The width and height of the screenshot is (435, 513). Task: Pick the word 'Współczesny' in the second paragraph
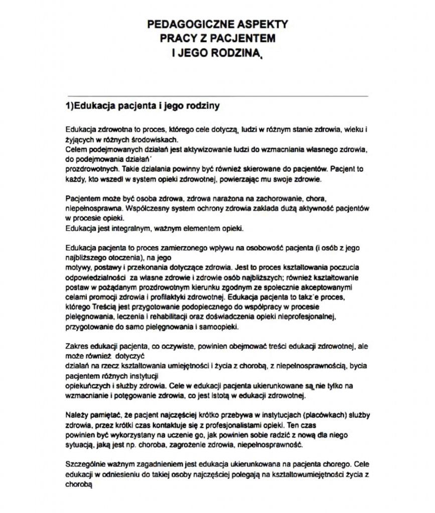tap(142, 207)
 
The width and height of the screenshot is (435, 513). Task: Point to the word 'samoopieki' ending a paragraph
tap(219, 327)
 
